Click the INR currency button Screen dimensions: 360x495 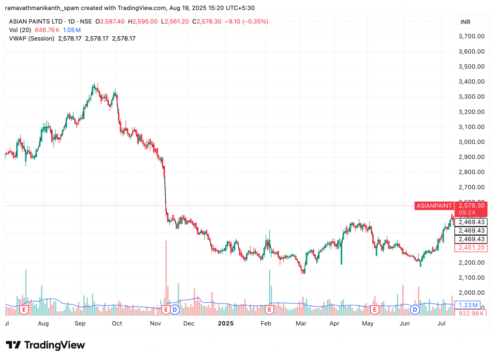pos(466,22)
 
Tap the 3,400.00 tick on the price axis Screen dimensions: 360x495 pos(471,81)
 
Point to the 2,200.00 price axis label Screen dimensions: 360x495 pos(471,262)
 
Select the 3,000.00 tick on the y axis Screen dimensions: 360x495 pos(471,142)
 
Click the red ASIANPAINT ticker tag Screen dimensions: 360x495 pos(434,206)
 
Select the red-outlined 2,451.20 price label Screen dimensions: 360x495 pos(471,248)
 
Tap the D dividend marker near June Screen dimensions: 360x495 pos(414,309)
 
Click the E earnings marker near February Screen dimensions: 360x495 pos(270,309)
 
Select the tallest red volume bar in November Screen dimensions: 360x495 pos(166,273)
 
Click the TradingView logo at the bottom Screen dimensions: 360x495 pos(45,345)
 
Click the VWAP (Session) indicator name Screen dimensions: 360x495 pos(32,38)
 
